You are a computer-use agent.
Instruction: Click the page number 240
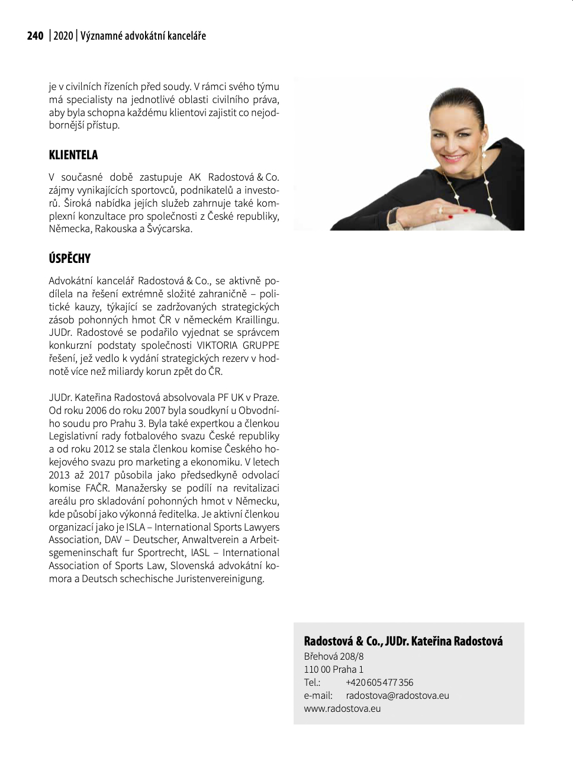tap(35, 36)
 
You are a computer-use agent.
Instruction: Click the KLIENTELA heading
tap(73, 155)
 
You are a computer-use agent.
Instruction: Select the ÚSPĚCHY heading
tap(70, 259)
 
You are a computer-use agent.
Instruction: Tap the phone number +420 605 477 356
tap(379, 683)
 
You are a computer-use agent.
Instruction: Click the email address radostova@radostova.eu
tap(397, 696)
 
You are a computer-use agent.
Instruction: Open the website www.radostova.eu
tap(342, 709)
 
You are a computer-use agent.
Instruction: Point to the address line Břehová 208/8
tap(334, 657)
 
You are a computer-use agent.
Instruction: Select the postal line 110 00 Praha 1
tap(334, 670)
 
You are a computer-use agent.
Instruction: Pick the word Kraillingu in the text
tap(257, 320)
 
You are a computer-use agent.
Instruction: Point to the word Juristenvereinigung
tap(220, 579)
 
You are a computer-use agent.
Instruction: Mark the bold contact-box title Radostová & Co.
tap(342, 641)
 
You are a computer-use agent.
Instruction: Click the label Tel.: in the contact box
tap(312, 683)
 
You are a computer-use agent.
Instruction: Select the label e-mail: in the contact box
tap(318, 696)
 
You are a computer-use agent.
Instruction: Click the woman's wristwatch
tap(393, 218)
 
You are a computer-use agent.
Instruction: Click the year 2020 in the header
tap(63, 36)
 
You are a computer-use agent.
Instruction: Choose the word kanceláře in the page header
tap(186, 36)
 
